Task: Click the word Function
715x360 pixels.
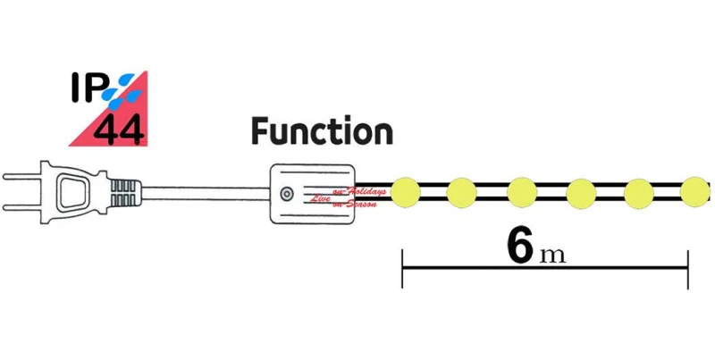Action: pyautogui.click(x=322, y=132)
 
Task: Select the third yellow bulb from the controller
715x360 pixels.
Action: pyautogui.click(x=521, y=191)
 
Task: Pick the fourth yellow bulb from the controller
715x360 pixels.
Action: pyautogui.click(x=580, y=191)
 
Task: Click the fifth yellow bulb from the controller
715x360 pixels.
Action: pyautogui.click(x=638, y=191)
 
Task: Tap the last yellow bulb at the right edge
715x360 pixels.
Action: pyautogui.click(x=694, y=191)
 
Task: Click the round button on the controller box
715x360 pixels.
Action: pyautogui.click(x=285, y=193)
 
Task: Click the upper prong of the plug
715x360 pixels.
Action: pyautogui.click(x=22, y=177)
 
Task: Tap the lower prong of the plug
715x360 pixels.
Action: pyautogui.click(x=22, y=206)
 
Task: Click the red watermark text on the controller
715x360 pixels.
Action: pyautogui.click(x=353, y=198)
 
